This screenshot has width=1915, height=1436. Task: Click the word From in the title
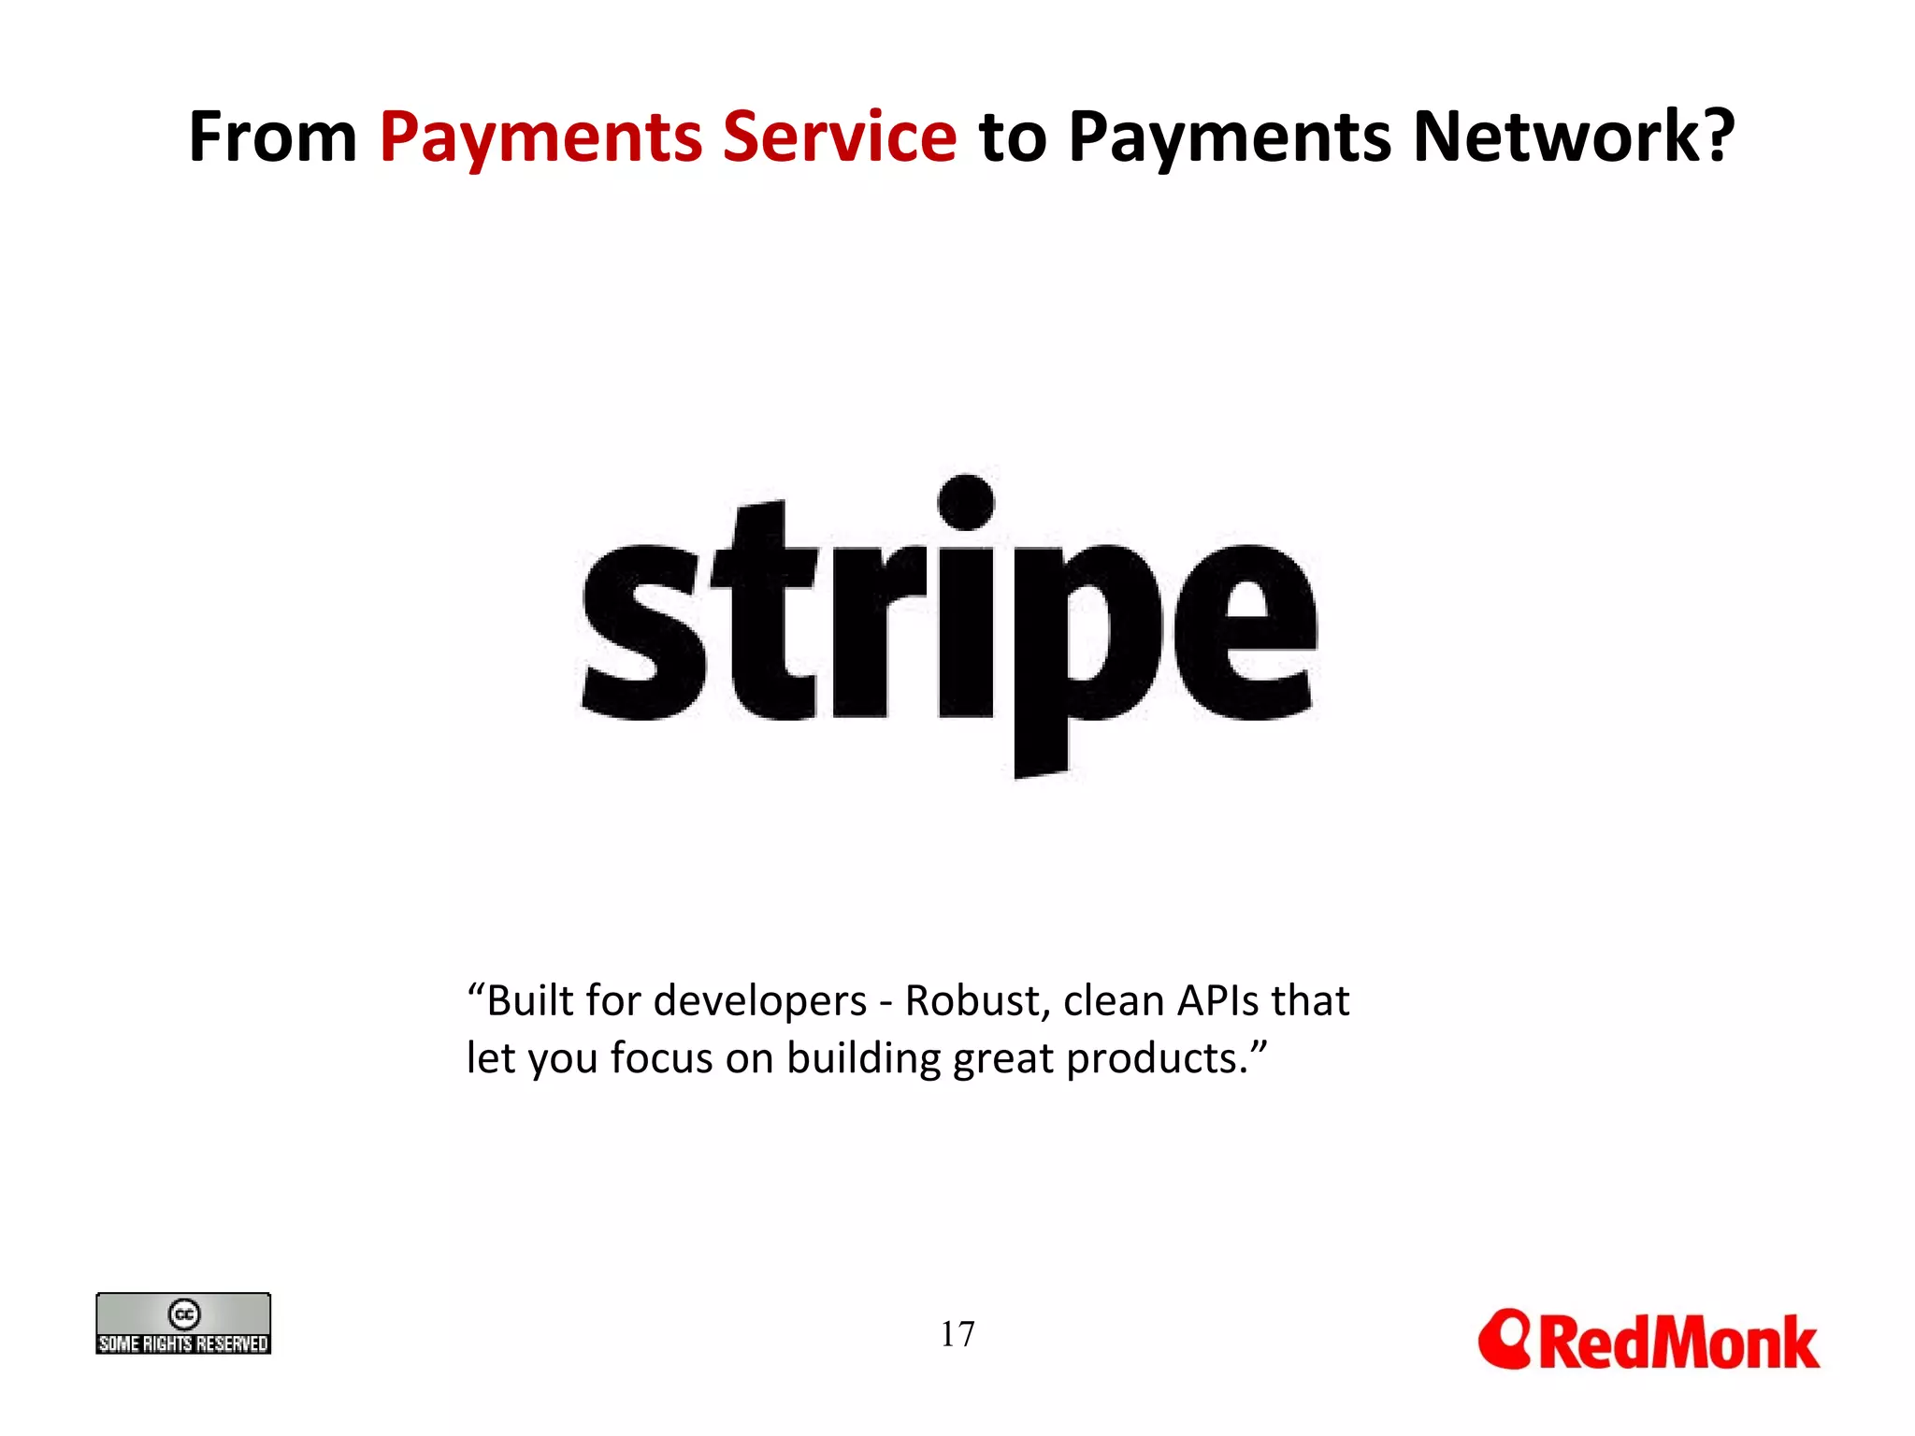coord(272,137)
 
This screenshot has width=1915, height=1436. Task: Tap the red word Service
coord(839,137)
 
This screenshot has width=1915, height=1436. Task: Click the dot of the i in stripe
coord(965,502)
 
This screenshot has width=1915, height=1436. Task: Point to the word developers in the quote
coord(760,1001)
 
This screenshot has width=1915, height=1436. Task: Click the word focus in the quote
coord(661,1059)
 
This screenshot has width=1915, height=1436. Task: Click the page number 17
coord(957,1334)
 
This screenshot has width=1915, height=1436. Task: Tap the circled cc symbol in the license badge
coord(184,1314)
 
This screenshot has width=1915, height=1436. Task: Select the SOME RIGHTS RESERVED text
coord(183,1343)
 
